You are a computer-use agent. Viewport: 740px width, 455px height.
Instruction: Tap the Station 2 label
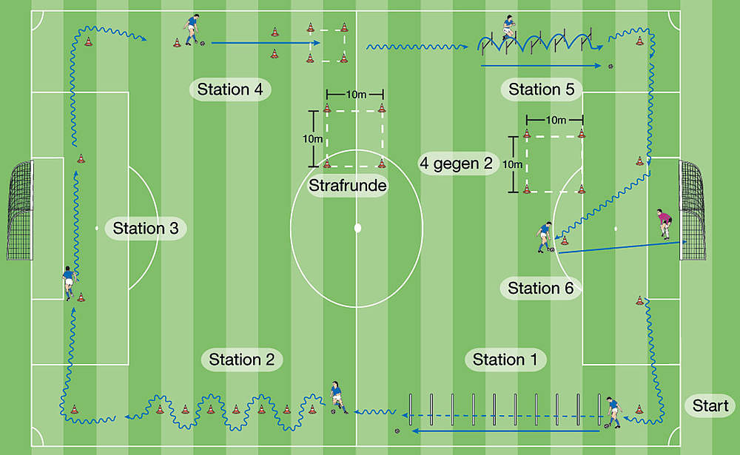242,360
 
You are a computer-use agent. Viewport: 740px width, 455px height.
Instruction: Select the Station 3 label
146,229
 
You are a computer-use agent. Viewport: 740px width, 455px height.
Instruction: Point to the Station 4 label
230,90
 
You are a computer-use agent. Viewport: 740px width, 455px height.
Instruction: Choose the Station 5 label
542,90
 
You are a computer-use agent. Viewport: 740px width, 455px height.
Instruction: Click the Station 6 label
541,289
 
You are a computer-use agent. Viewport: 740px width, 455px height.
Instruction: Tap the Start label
710,405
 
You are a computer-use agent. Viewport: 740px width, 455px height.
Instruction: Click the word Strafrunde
348,186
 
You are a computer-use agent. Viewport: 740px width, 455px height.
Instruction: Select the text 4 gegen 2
456,164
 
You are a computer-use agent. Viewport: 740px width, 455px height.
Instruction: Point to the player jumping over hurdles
508,30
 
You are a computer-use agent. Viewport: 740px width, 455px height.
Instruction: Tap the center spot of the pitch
357,227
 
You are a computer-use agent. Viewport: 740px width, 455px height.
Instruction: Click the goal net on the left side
20,210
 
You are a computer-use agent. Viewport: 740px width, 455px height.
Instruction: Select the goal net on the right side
692,210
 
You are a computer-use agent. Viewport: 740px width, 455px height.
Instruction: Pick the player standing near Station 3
68,283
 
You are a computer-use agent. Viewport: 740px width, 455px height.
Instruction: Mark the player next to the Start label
611,411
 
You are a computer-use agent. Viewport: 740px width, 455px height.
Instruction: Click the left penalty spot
97,228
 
